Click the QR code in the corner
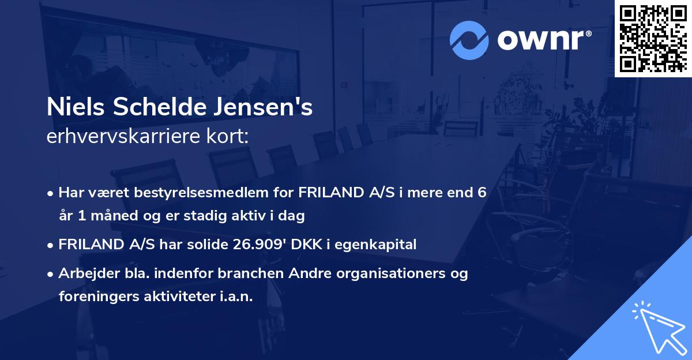pyautogui.click(x=652, y=39)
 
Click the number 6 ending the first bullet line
pyautogui.click(x=482, y=193)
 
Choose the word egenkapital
pyautogui.click(x=382, y=245)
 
